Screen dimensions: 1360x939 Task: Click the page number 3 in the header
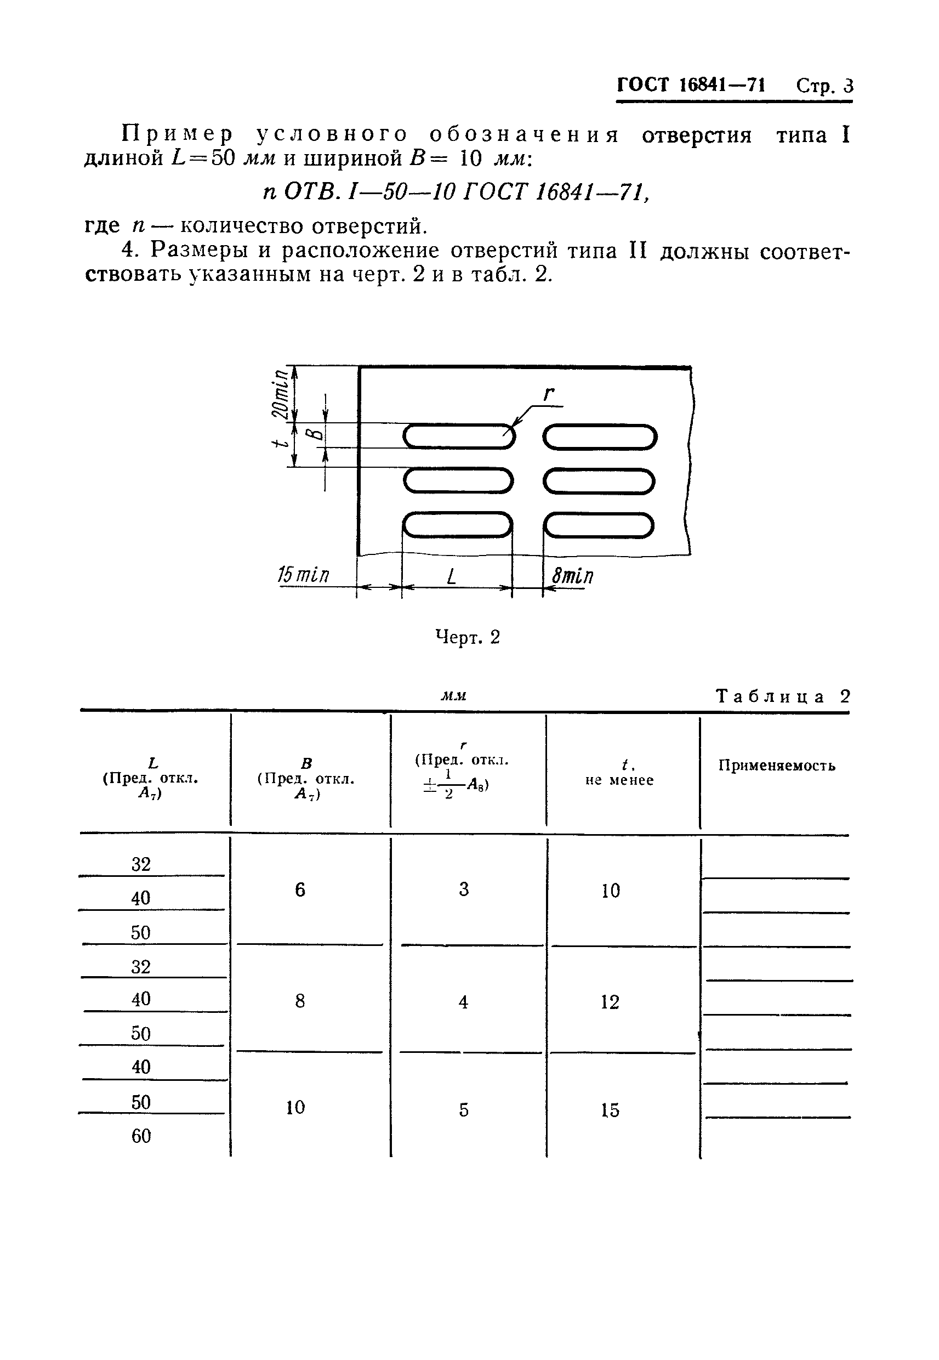click(x=847, y=86)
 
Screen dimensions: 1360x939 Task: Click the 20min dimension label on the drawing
click(x=282, y=393)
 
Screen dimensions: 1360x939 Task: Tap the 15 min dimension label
click(x=303, y=575)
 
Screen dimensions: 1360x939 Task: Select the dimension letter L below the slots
click(x=451, y=576)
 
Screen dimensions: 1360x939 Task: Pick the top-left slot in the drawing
click(x=459, y=436)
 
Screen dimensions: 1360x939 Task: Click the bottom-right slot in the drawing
click(x=599, y=525)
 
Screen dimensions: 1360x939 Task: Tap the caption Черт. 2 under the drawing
click(x=467, y=637)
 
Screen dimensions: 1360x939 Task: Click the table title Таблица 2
click(x=783, y=697)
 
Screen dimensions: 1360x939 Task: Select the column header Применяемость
click(x=777, y=765)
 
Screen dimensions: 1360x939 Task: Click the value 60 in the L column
click(x=141, y=1136)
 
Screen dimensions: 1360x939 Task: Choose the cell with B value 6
click(x=300, y=889)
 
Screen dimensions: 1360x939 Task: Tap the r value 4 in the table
click(x=464, y=1001)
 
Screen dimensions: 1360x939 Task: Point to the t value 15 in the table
click(x=610, y=1110)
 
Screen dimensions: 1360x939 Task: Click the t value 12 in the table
click(x=610, y=1001)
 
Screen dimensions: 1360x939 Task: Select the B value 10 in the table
click(x=295, y=1108)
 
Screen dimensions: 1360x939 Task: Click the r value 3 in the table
click(x=464, y=889)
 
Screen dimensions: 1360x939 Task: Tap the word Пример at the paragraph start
click(x=177, y=135)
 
